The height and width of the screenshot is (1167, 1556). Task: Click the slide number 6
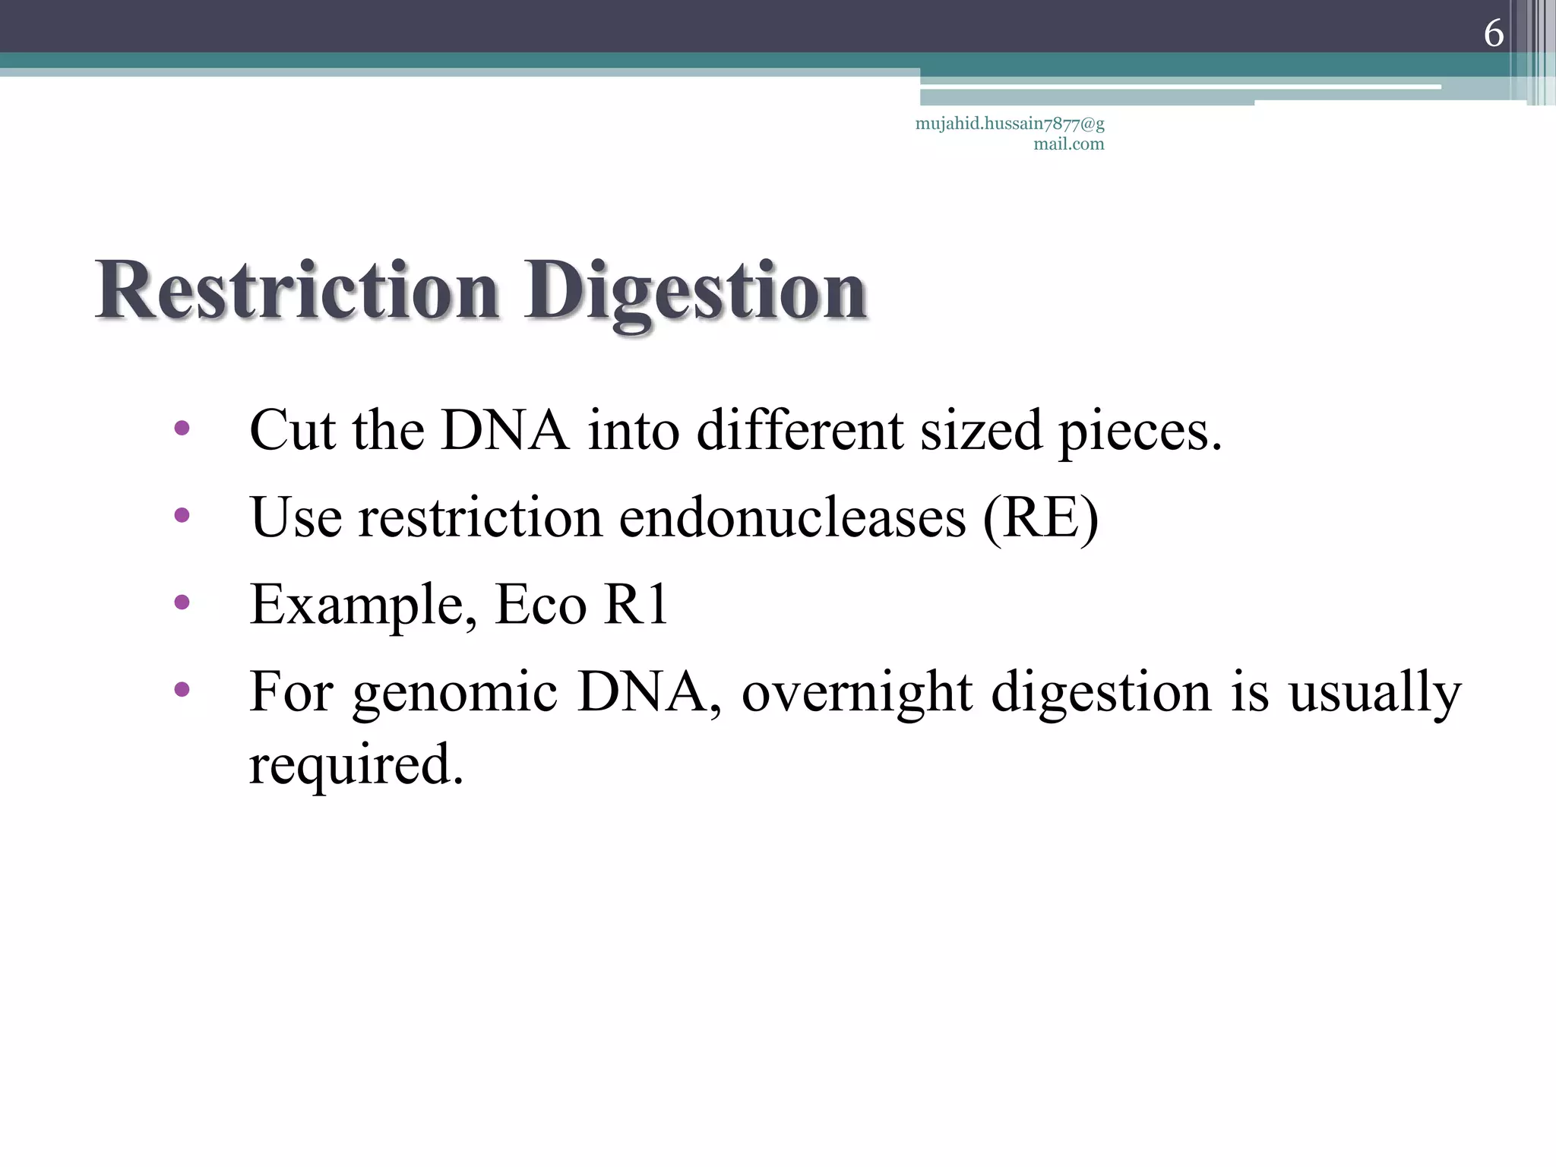(x=1493, y=33)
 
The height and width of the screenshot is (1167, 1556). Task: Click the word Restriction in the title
(x=296, y=291)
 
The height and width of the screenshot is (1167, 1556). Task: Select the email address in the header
(x=1010, y=133)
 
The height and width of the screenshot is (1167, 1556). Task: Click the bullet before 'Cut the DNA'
(x=182, y=429)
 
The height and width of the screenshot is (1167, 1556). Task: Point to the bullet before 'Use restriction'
(x=182, y=516)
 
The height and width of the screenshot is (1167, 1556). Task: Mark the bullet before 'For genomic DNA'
(x=182, y=690)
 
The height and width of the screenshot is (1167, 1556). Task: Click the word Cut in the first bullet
(x=293, y=431)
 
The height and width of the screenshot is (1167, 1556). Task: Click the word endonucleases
(x=792, y=518)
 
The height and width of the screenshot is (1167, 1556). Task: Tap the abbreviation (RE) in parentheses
(x=1040, y=518)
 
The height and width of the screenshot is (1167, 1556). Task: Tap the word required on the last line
(x=356, y=766)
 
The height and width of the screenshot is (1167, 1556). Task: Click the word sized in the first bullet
(x=981, y=431)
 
